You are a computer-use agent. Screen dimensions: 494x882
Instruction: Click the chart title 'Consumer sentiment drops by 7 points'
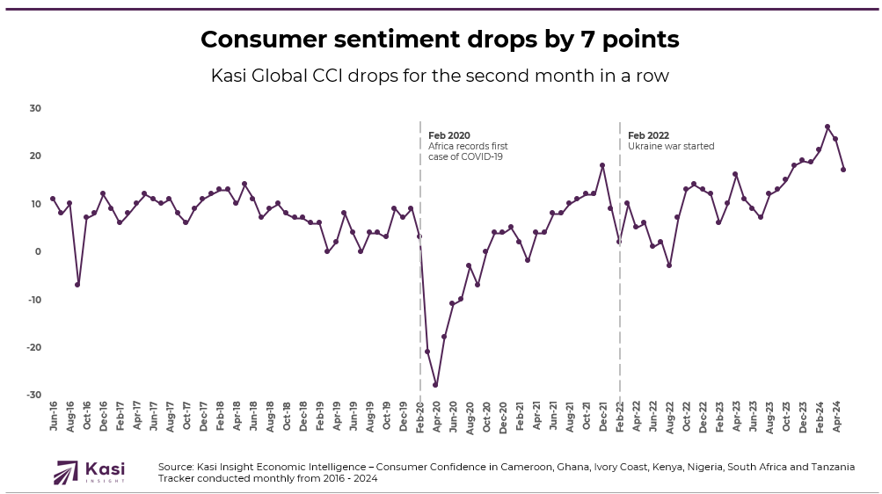[440, 40]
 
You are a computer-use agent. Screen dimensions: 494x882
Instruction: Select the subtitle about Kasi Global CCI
[440, 76]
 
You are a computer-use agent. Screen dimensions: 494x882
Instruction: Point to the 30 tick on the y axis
[36, 108]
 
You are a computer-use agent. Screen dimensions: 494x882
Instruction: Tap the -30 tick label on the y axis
[34, 395]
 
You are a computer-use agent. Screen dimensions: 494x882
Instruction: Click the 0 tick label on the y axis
[39, 251]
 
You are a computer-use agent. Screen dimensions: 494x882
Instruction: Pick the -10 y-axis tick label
[34, 300]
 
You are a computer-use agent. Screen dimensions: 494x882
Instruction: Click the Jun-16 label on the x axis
[54, 415]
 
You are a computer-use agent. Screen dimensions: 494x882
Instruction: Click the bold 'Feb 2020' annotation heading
[448, 135]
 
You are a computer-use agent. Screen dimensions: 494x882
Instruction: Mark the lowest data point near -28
[435, 385]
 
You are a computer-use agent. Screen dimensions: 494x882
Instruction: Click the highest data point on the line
[827, 127]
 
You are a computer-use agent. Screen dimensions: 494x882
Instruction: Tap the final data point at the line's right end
[843, 170]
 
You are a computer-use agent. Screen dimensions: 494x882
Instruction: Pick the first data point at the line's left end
[53, 199]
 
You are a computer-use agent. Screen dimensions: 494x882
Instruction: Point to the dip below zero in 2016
[77, 285]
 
